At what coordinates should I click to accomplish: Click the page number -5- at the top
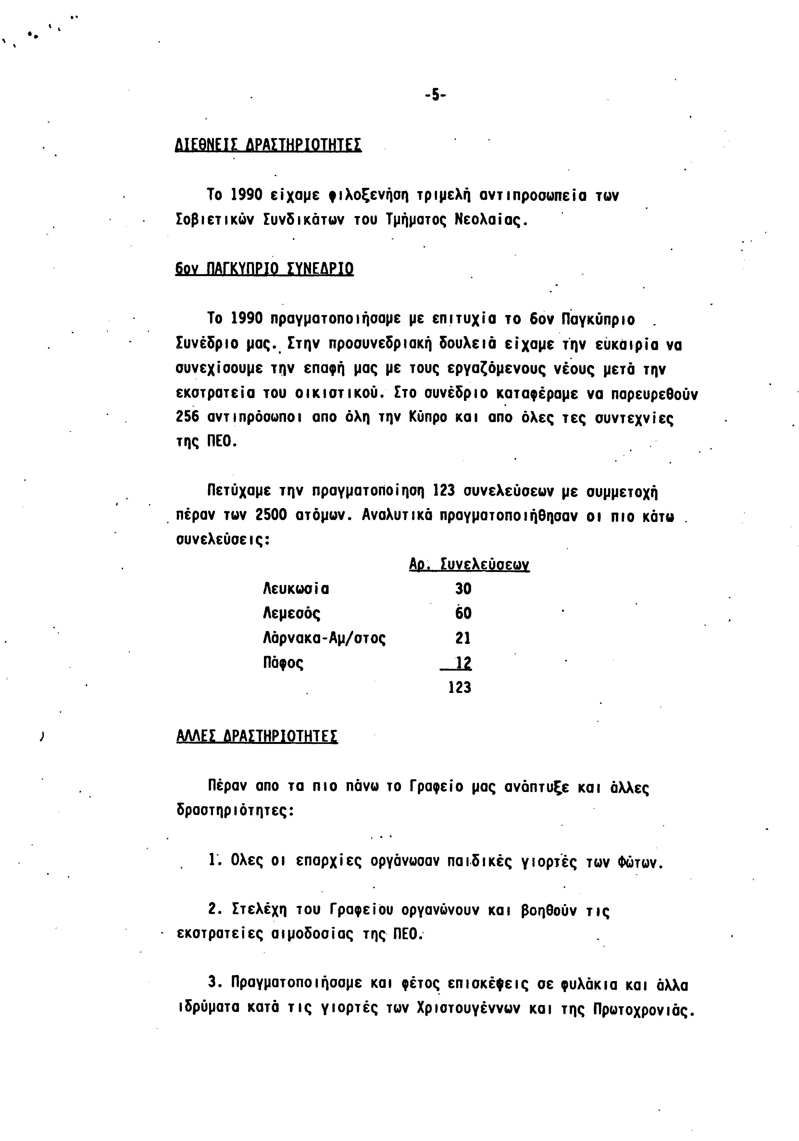(436, 94)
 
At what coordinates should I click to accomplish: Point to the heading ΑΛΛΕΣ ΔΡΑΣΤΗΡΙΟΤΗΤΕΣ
(257, 735)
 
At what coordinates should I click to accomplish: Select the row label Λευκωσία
(296, 589)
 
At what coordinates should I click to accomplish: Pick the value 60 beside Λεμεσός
(463, 613)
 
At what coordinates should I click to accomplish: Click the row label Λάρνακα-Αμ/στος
(324, 637)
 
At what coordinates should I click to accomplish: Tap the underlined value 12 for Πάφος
(463, 662)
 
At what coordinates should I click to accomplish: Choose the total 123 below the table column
(459, 687)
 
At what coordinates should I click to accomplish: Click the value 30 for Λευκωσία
(463, 589)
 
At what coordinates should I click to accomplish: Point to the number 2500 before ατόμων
(271, 515)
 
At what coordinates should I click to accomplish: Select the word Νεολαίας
(490, 219)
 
